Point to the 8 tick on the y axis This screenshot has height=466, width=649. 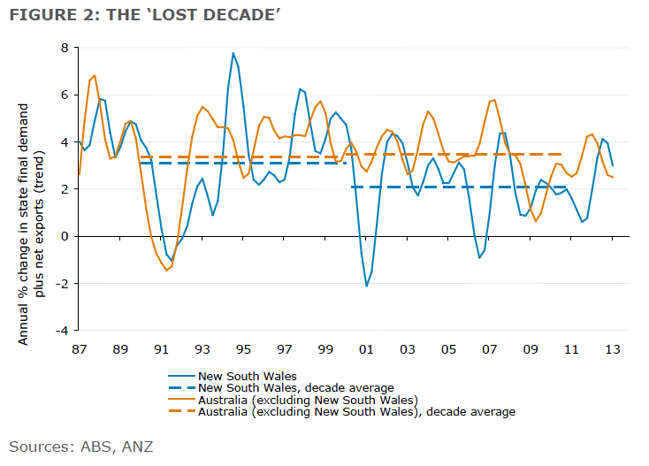[65, 48]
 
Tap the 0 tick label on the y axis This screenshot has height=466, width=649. [65, 236]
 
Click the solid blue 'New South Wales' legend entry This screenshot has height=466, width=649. [248, 375]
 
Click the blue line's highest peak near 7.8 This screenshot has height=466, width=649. [233, 53]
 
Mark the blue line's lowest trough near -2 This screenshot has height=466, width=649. [366, 286]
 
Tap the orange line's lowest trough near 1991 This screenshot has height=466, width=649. [166, 270]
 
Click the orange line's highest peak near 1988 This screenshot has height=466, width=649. [95, 76]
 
